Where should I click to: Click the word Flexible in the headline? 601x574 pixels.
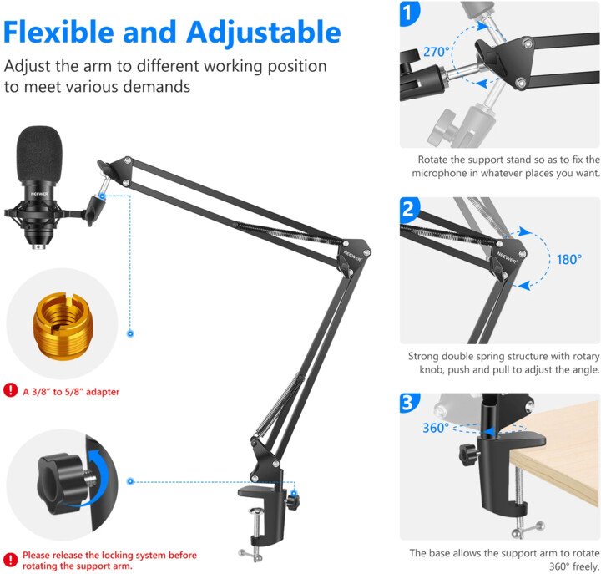(x=58, y=32)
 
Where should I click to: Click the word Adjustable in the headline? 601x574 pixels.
(x=264, y=33)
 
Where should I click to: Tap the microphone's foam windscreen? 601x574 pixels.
(x=38, y=155)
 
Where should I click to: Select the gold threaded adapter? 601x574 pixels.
(x=63, y=327)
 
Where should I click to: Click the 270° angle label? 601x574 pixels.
(x=437, y=52)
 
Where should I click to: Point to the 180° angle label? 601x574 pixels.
(x=569, y=259)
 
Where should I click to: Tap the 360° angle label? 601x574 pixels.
(x=436, y=428)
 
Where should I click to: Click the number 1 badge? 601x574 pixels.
(x=409, y=13)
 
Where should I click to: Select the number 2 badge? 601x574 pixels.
(x=409, y=210)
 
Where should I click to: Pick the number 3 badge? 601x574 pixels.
(x=409, y=404)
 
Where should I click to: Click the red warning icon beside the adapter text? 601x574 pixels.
(x=10, y=390)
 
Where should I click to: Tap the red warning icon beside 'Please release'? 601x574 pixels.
(x=10, y=560)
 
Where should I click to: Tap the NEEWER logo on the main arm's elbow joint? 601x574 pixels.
(x=352, y=256)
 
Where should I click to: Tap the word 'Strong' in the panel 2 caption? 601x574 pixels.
(x=423, y=357)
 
